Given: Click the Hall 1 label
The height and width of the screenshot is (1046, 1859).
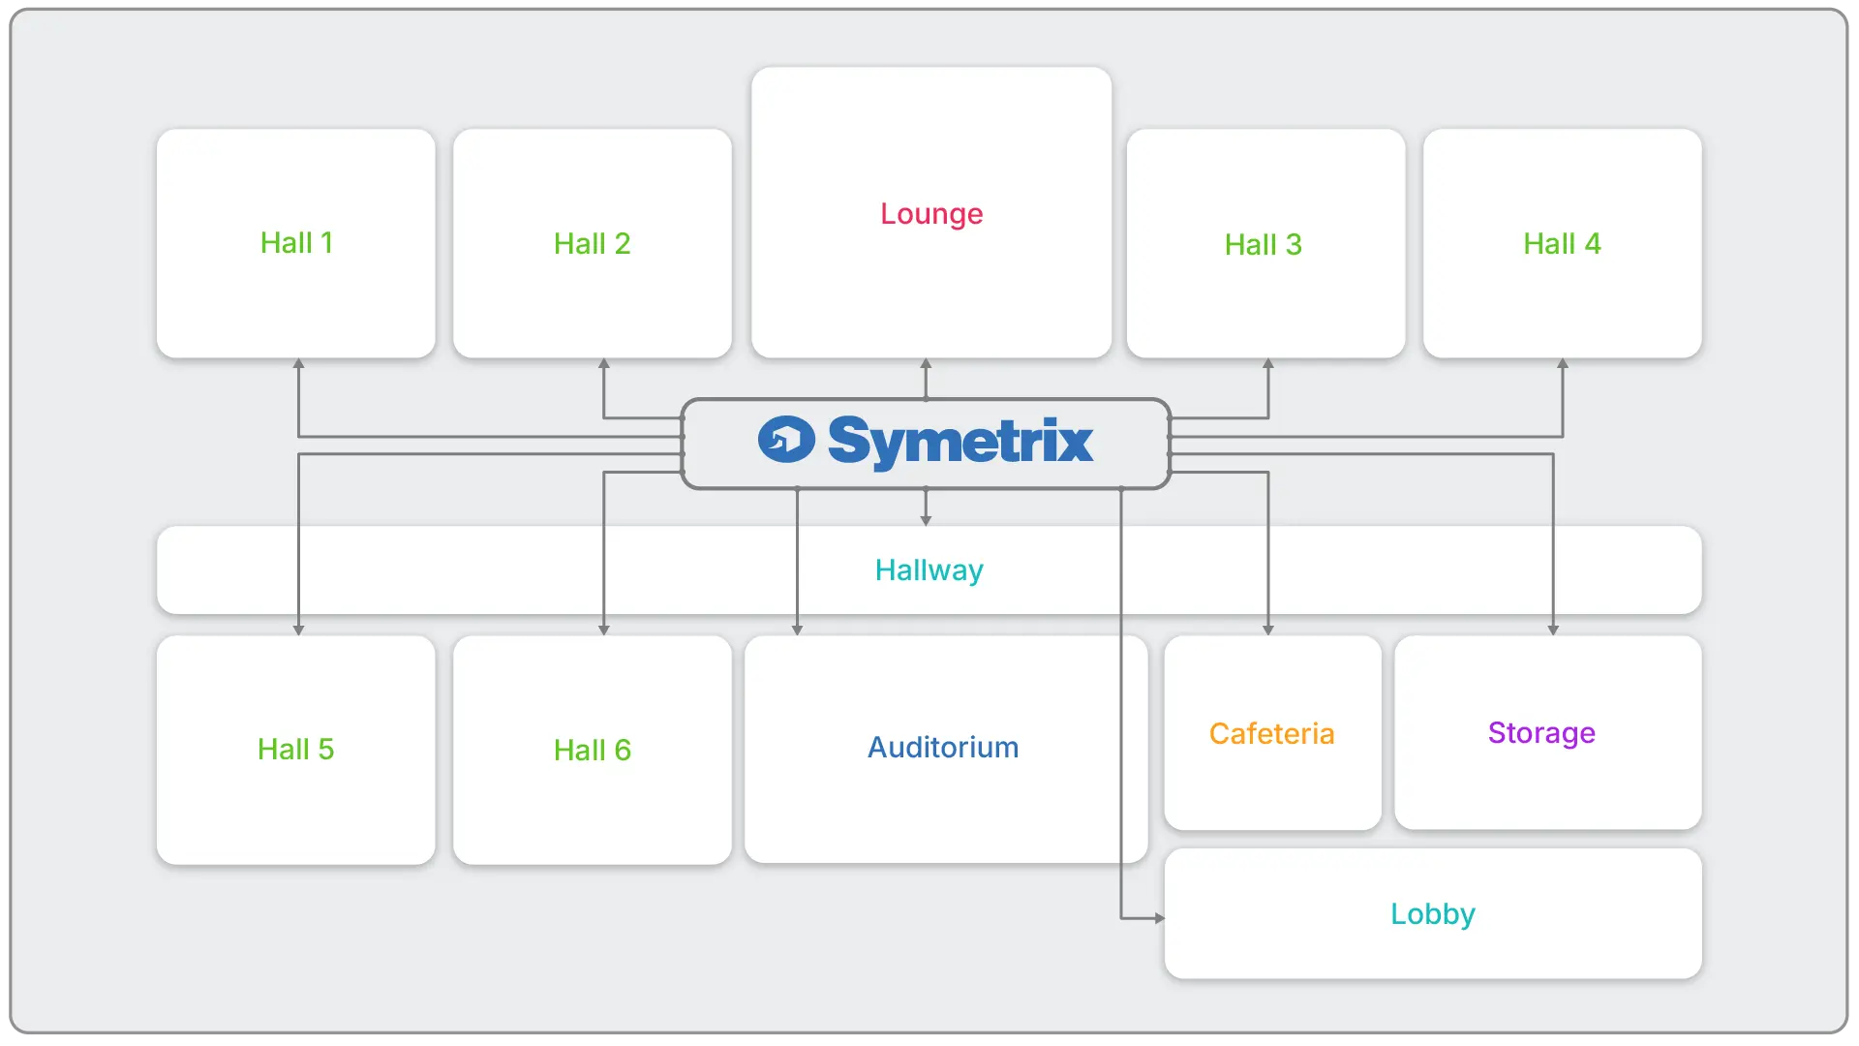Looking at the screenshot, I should (x=296, y=243).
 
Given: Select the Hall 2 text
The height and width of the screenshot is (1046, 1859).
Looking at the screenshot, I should (x=592, y=244).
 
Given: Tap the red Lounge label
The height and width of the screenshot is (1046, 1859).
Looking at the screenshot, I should (x=931, y=214).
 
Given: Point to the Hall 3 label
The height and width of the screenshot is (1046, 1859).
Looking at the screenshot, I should (x=1263, y=245).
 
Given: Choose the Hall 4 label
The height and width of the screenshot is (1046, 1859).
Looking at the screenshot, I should (x=1562, y=244).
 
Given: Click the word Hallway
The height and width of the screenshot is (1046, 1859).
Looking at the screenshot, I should (x=929, y=570).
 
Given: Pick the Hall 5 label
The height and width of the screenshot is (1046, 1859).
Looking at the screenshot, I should (x=295, y=750).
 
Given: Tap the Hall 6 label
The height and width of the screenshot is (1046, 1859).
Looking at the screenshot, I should (x=592, y=751).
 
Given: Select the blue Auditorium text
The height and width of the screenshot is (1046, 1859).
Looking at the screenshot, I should (x=943, y=748).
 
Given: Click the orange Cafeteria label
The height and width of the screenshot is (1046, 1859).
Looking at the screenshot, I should (x=1271, y=734).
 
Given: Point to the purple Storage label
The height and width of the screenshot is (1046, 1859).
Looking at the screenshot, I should (x=1541, y=733).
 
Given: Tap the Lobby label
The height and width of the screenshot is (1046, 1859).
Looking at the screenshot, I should (x=1432, y=914).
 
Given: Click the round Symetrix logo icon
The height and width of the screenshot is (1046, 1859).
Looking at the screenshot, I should (x=786, y=440).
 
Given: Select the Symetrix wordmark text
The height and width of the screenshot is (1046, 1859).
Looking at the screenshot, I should (x=960, y=442).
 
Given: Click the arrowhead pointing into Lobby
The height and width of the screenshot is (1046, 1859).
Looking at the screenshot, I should (x=1159, y=918).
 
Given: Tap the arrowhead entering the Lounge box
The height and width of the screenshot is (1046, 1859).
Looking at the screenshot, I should (x=926, y=364).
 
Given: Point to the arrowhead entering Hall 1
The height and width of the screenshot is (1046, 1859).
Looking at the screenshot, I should (x=298, y=364).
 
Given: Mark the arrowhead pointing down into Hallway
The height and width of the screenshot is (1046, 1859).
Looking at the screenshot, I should (x=926, y=520).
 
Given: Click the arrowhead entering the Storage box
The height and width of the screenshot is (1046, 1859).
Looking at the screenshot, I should (x=1553, y=630).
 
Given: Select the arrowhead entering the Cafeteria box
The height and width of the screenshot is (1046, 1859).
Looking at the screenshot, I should (x=1267, y=630).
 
